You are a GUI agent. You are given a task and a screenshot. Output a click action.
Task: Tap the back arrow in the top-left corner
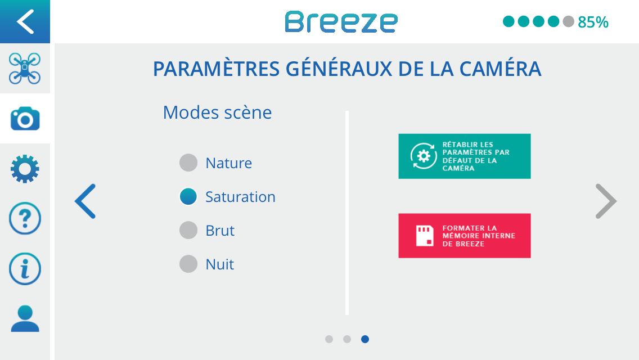tap(25, 21)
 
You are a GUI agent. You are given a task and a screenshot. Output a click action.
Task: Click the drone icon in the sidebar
tap(25, 68)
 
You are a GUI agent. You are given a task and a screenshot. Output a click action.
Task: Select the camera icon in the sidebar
tap(25, 119)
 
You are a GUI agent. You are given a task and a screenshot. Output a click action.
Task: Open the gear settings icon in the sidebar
tap(25, 169)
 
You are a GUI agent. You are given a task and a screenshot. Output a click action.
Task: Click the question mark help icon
tap(25, 218)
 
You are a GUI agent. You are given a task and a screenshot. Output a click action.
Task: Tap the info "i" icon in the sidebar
tap(25, 269)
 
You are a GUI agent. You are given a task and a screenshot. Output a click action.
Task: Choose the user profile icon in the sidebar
tap(25, 318)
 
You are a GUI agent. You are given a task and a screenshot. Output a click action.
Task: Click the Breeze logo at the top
tap(341, 22)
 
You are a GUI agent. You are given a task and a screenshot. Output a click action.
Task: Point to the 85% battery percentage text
tap(593, 22)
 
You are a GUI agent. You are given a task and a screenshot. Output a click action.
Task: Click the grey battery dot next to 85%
tap(568, 21)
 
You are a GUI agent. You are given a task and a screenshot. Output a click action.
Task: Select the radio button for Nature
tap(188, 163)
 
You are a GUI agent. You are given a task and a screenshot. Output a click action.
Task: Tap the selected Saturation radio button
tap(188, 196)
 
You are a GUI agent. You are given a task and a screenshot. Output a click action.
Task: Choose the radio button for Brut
tap(188, 231)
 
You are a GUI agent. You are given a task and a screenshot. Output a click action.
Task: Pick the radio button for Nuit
tap(188, 264)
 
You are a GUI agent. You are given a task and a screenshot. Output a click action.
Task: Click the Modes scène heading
tap(217, 112)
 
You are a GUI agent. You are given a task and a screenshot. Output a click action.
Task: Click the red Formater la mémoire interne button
tap(465, 236)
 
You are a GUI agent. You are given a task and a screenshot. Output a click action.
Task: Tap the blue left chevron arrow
tap(85, 201)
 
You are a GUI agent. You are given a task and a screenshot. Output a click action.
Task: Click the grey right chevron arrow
tap(606, 201)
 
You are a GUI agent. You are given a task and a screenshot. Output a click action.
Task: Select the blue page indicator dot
tap(365, 339)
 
